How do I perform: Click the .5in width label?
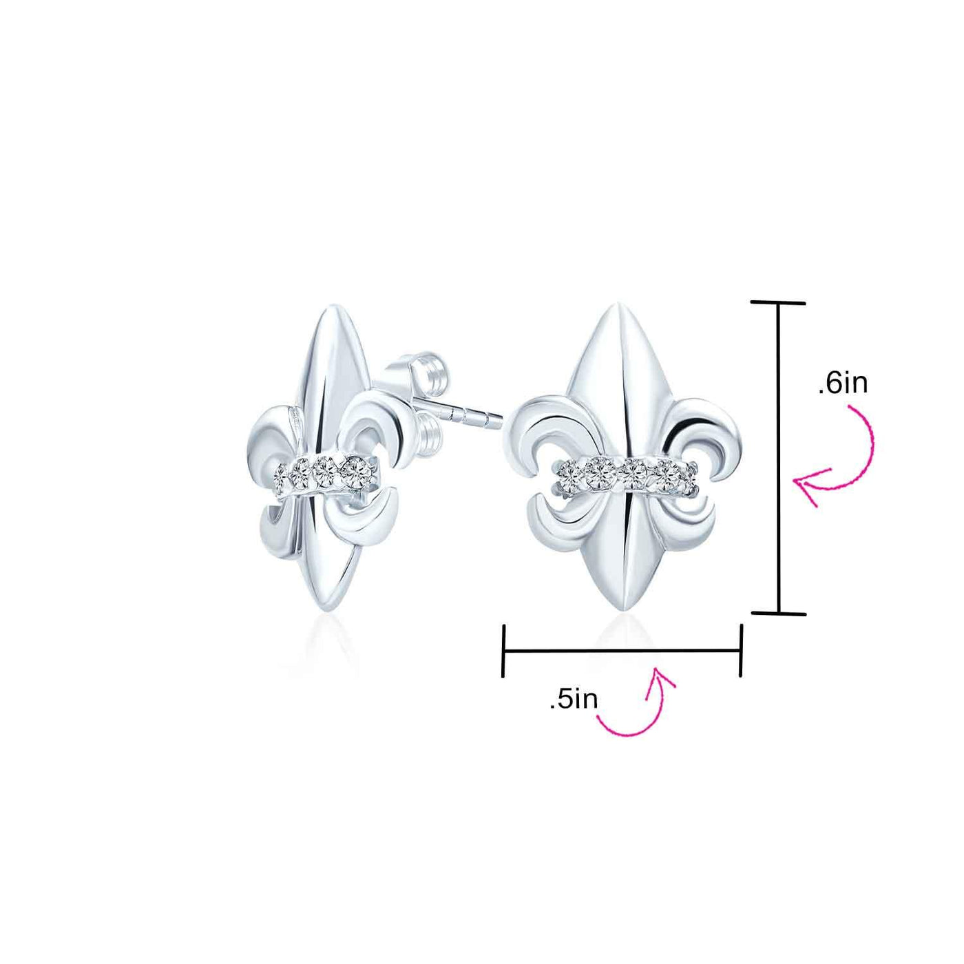click(574, 700)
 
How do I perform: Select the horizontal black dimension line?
click(622, 650)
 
